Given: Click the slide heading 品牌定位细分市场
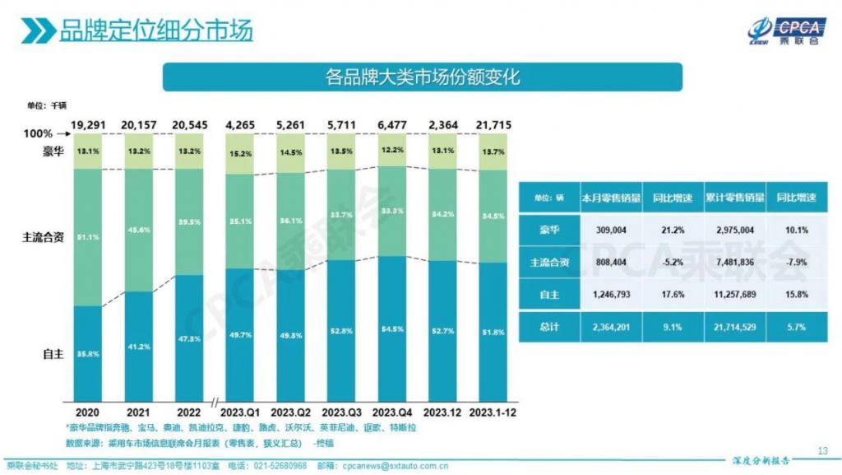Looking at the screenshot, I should (155, 30).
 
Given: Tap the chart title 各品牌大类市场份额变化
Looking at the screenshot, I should (422, 77).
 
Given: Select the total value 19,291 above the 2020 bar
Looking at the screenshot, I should (87, 124).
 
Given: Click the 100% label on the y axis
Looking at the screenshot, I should (38, 133).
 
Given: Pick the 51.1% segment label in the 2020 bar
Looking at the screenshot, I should (87, 237).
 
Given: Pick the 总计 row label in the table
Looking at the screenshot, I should (548, 326).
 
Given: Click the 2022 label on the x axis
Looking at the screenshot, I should (187, 411).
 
